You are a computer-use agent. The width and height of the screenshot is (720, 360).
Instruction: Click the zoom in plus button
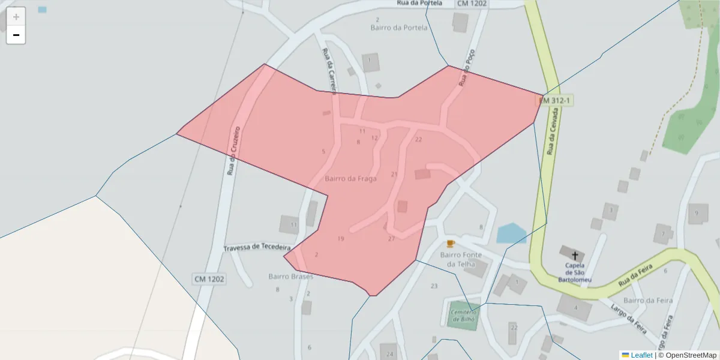16,17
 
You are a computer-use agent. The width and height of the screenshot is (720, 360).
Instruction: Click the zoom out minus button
16,35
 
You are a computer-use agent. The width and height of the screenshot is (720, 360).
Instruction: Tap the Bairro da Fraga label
350,178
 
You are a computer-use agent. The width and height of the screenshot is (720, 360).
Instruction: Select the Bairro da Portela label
399,28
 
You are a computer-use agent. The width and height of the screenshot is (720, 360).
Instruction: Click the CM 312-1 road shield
555,101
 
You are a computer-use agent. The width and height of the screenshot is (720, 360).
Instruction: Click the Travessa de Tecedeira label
257,247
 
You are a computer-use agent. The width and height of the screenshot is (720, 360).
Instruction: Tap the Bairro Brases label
290,277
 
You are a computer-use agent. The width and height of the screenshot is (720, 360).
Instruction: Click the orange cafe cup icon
451,243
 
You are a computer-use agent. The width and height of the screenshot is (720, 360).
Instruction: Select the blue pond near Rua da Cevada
511,233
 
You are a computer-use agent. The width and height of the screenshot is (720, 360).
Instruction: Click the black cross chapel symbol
575,255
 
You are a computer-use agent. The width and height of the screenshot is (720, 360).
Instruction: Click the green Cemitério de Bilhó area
463,314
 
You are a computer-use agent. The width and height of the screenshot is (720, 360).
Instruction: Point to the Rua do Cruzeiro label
234,151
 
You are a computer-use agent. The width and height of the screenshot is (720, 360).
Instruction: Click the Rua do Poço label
469,67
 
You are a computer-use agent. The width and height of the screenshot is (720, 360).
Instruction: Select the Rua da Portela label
419,3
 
